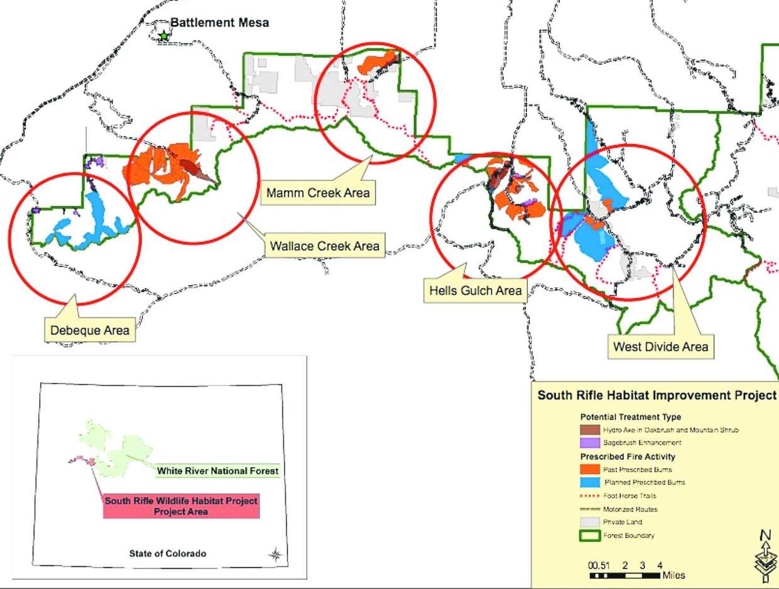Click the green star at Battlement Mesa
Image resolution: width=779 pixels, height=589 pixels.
164,36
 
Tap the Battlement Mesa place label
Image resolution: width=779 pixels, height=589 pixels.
220,23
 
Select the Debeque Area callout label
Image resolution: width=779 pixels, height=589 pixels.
90,329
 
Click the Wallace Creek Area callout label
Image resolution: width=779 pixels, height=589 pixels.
324,246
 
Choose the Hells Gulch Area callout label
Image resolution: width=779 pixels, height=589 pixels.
476,290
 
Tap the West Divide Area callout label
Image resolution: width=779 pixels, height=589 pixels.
660,346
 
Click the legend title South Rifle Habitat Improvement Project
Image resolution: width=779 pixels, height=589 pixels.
657,395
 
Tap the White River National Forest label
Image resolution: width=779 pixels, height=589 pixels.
217,471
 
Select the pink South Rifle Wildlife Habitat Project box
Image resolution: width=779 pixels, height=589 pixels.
181,506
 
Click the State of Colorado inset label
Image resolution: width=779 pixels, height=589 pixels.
167,554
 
